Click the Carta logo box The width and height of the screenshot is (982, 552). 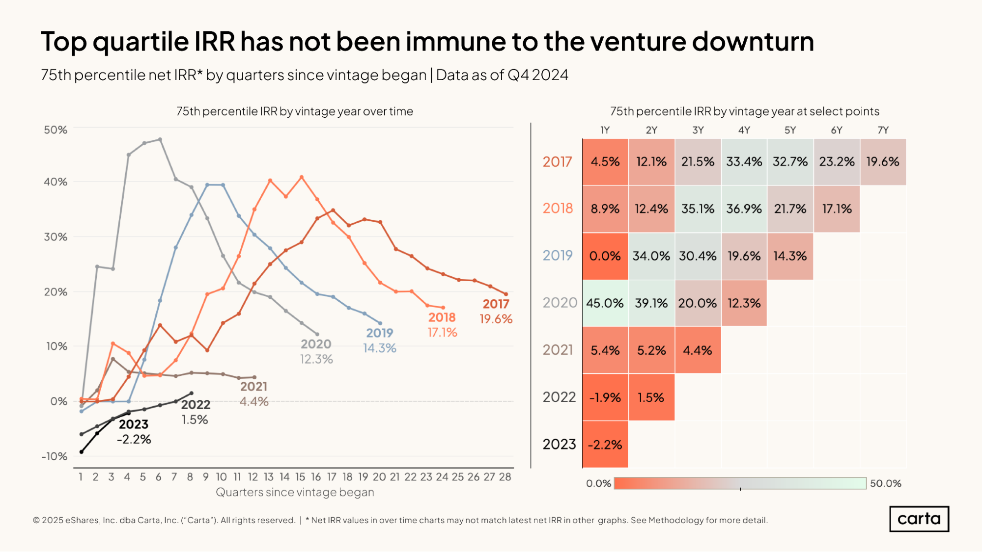coord(919,519)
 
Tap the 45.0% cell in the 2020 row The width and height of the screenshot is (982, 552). coord(605,303)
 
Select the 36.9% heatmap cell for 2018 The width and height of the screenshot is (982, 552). coord(744,209)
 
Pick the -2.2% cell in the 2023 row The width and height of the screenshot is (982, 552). coord(605,445)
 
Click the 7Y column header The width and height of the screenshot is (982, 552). coord(883,130)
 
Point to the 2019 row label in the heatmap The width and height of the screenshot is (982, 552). coord(558,256)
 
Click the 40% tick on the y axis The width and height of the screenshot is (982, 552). coord(56,182)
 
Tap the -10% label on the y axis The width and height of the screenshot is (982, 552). coord(54,456)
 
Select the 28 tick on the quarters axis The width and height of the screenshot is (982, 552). coord(505,477)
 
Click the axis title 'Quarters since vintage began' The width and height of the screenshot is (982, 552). coord(295,492)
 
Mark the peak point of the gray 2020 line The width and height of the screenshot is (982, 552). coord(160,139)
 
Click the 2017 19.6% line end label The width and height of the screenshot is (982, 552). coord(496,312)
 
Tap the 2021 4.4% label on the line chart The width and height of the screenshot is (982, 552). coord(254,394)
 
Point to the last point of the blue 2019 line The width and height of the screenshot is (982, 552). coord(380,323)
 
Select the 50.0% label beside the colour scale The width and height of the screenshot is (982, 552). coord(885,483)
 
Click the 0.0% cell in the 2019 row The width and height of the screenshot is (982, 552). coord(605,256)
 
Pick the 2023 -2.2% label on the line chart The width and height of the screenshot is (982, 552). coord(134,431)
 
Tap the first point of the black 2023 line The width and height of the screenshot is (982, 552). coord(82,452)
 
